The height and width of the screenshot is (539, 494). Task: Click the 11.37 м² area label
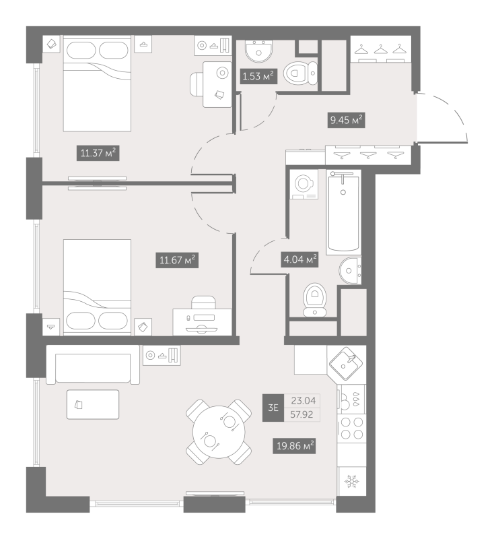coord(98,153)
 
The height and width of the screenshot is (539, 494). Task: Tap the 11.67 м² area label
coord(177,260)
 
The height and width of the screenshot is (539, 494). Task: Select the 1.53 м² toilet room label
coord(258,76)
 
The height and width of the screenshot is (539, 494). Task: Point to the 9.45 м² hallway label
coord(346,120)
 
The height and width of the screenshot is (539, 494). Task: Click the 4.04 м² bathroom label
coord(299,259)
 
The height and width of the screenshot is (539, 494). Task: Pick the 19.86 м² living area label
coord(294,446)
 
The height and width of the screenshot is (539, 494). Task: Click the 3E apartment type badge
coord(273,408)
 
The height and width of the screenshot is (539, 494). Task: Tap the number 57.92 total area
coord(302,414)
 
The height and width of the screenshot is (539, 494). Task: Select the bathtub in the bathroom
coord(344,212)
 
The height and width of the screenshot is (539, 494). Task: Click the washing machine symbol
coord(304,184)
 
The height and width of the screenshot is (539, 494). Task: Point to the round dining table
coord(219,432)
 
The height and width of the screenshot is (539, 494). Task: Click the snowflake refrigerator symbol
coord(351,481)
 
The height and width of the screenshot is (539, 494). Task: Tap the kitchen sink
coord(346,363)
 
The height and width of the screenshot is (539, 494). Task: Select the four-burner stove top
coord(352,428)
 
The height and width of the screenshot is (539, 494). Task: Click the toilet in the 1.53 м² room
coord(301,73)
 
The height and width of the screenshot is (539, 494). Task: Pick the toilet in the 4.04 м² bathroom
coord(315,299)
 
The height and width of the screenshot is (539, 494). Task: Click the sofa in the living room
coord(93,364)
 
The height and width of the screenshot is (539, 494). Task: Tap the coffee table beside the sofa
coord(93,404)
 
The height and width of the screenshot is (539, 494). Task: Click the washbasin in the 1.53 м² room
coord(259,52)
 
